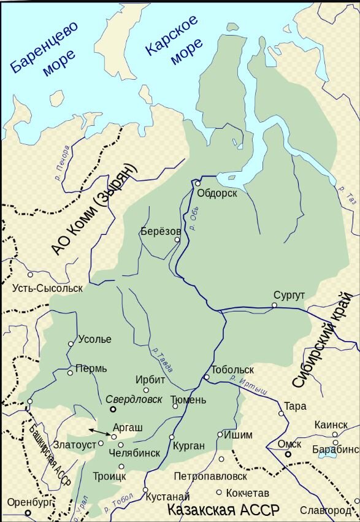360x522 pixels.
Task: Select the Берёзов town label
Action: [161, 231]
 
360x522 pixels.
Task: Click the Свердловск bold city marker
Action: [113, 409]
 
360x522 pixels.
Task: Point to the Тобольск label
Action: [232, 370]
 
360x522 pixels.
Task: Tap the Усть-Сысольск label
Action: [47, 288]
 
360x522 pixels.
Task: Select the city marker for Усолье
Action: [71, 344]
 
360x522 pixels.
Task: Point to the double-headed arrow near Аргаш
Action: [99, 432]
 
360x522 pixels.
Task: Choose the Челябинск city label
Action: [134, 453]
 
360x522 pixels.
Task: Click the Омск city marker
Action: [288, 454]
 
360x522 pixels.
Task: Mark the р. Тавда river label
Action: [162, 360]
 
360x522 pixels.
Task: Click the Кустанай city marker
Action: [145, 489]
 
